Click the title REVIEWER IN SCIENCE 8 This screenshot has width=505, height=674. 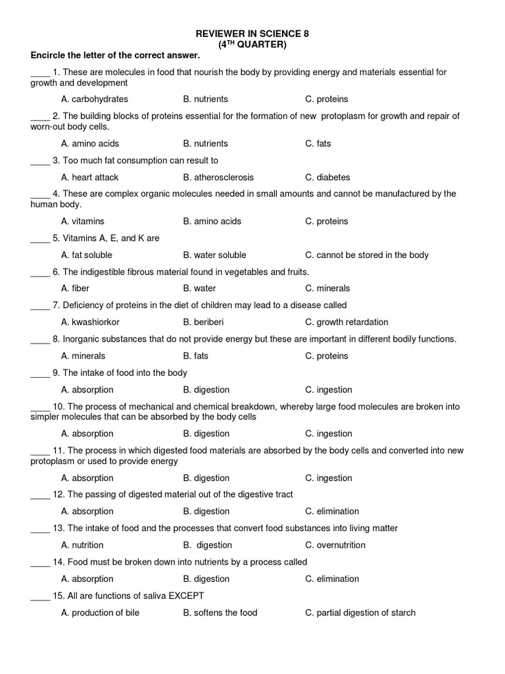click(x=253, y=33)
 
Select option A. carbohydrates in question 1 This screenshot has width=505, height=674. click(x=94, y=99)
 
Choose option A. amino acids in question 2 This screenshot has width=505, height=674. click(x=90, y=143)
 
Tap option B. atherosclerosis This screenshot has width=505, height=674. click(x=218, y=178)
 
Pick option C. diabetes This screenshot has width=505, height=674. click(x=327, y=178)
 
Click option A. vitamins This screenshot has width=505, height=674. click(x=83, y=222)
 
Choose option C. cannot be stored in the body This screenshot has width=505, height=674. click(x=367, y=255)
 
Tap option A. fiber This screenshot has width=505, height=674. click(x=75, y=288)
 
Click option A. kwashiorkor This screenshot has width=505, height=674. click(x=90, y=323)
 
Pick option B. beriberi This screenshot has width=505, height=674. click(x=204, y=323)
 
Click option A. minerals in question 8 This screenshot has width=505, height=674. click(x=83, y=356)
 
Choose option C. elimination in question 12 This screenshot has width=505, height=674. click(x=332, y=511)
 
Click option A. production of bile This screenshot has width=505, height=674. click(x=100, y=613)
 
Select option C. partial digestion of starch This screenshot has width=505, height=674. click(x=360, y=613)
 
